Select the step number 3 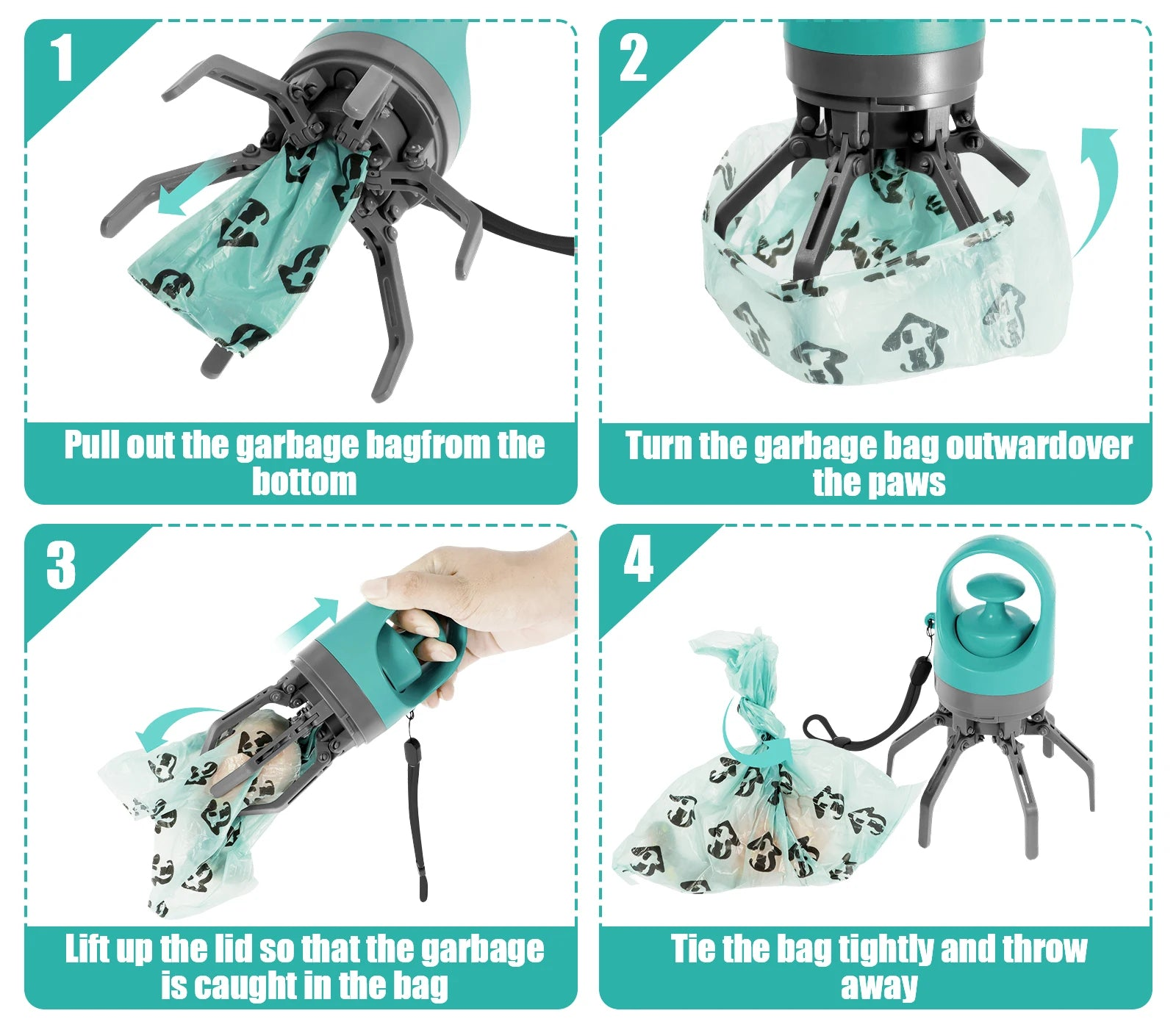click(61, 565)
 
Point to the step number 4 click(638, 559)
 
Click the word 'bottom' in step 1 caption click(304, 481)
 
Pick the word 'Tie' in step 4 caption click(693, 948)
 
